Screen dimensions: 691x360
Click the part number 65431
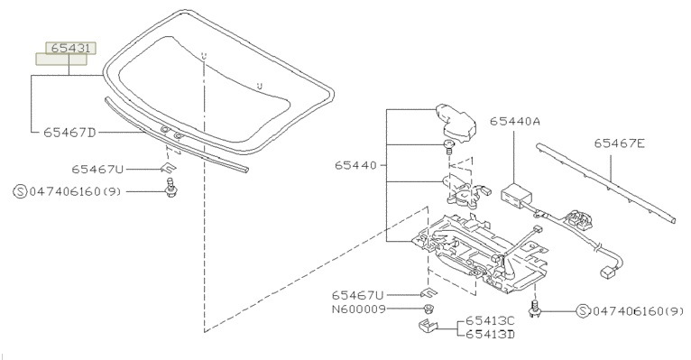point(70,48)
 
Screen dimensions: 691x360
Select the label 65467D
point(69,133)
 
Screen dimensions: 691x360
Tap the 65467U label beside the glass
point(97,170)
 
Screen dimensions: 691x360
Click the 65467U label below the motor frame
point(358,295)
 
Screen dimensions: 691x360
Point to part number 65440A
point(515,121)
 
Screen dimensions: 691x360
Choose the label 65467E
point(619,143)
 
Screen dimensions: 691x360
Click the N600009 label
point(359,309)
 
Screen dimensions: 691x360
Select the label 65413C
point(490,321)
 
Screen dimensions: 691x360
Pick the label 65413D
point(490,334)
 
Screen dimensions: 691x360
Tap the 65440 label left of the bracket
point(355,165)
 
